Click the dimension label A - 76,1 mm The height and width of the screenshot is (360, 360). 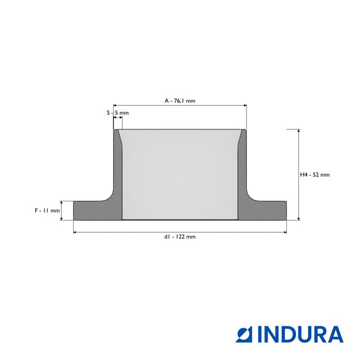click(180, 101)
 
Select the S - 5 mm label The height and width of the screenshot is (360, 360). click(118, 112)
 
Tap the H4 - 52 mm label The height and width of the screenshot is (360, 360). click(315, 175)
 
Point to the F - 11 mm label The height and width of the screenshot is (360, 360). click(47, 210)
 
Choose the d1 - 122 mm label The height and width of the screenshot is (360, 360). click(180, 237)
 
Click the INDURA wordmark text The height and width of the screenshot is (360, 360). click(300, 334)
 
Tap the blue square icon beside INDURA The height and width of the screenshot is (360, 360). click(244, 334)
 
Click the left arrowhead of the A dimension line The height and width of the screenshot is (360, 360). click(115, 106)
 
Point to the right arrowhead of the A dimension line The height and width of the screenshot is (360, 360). click(245, 106)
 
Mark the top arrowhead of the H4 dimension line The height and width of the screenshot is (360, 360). click(299, 130)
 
